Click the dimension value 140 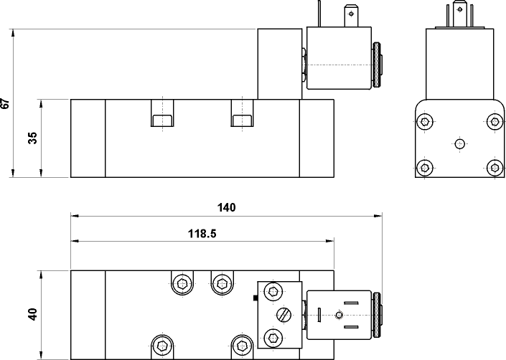227,207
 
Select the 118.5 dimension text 202,233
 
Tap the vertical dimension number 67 6,103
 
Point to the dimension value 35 32,138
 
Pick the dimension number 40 32,315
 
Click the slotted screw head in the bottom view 284,315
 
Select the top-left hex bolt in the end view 424,121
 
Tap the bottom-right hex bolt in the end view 495,168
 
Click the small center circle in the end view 459,143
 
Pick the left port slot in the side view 162,113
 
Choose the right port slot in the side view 243,113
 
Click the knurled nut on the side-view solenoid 377,65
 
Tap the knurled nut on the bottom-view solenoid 377,315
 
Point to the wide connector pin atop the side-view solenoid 351,16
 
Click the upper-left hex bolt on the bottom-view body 182,284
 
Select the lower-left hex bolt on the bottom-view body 162,346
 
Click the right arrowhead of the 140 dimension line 378,216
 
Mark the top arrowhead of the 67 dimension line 13,33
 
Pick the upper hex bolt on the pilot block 273,292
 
